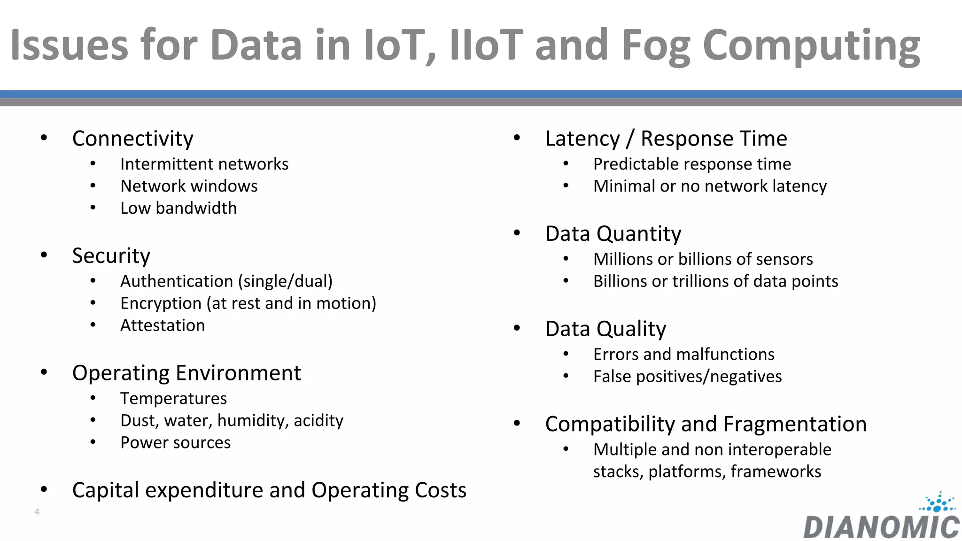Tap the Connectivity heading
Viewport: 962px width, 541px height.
click(132, 139)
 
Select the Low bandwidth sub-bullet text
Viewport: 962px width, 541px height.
click(178, 208)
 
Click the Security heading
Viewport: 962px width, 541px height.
click(111, 256)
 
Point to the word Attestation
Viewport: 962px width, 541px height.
click(163, 325)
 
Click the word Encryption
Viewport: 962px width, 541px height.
click(161, 303)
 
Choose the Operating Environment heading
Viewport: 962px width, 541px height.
click(186, 373)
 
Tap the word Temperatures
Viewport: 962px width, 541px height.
click(173, 399)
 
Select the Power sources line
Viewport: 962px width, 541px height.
click(175, 443)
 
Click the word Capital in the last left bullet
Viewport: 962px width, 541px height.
click(105, 490)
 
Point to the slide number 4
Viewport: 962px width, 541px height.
click(37, 512)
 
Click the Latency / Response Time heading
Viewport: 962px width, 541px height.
click(666, 139)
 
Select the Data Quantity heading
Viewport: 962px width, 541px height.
click(613, 234)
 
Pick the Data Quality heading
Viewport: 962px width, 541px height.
click(605, 329)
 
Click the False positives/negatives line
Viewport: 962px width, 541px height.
click(687, 377)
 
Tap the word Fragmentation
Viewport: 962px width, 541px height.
click(795, 424)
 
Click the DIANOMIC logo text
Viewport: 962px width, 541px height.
click(881, 528)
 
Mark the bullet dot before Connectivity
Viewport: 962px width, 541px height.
click(44, 138)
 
